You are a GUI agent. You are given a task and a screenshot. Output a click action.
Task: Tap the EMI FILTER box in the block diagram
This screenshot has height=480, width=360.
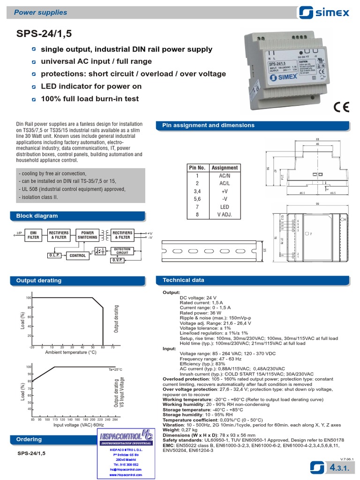pyautogui.click(x=34, y=235)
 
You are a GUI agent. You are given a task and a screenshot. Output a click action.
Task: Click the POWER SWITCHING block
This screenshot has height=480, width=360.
pyautogui.click(x=87, y=235)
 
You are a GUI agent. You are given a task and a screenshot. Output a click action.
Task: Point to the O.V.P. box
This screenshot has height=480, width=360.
pyautogui.click(x=117, y=260)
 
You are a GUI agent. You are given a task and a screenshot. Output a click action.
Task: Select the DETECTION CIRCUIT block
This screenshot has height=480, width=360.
pyautogui.click(x=122, y=251)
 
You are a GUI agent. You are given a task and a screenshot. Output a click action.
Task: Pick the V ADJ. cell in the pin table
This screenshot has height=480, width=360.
pyautogui.click(x=225, y=215)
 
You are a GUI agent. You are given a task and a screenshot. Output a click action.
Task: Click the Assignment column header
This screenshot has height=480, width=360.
pyautogui.click(x=225, y=168)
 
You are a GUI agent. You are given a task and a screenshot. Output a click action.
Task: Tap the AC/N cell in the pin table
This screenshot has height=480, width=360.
pyautogui.click(x=225, y=175)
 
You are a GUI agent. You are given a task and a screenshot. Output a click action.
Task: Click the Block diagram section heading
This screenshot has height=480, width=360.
pyautogui.click(x=37, y=216)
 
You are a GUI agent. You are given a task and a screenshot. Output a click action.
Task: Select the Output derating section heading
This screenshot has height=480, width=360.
pyautogui.click(x=39, y=280)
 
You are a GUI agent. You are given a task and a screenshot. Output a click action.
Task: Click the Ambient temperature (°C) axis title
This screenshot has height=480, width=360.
pyautogui.click(x=71, y=352)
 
